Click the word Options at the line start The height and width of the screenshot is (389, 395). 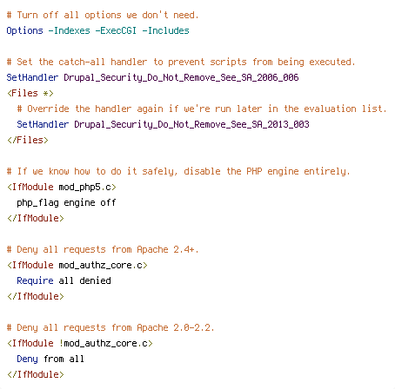point(24,30)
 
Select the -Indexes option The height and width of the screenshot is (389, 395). point(69,30)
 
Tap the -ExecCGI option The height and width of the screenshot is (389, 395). point(116,30)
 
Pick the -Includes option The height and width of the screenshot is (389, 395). point(165,30)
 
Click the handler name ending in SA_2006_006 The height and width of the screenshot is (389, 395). point(181,77)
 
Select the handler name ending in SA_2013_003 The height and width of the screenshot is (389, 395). point(191,124)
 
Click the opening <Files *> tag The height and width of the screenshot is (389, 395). point(30,93)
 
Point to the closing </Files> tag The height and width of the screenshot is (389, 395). point(28,140)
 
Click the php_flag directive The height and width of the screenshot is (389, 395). point(37,202)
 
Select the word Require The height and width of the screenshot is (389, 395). point(35,280)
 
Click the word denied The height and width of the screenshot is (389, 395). point(95,280)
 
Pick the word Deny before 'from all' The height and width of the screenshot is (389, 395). point(27,359)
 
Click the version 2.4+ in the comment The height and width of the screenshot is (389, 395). point(184,249)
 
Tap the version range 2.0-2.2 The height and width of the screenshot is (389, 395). point(191,327)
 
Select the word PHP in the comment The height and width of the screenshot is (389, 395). point(254,171)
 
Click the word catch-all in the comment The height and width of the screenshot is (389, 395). point(82,62)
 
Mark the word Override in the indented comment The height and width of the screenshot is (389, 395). point(48,109)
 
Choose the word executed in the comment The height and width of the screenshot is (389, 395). point(330,62)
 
